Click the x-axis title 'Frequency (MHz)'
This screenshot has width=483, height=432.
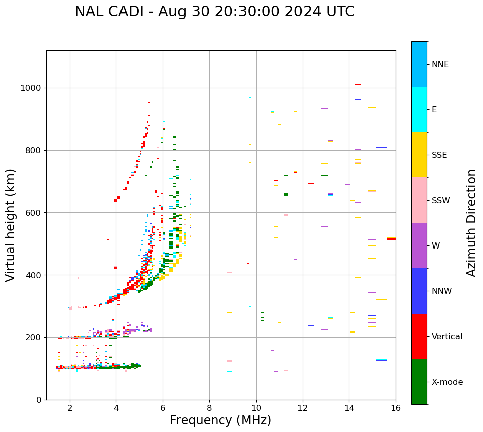click(220, 420)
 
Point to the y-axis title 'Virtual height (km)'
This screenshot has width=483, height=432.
click(11, 225)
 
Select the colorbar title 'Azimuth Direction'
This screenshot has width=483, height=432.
click(471, 223)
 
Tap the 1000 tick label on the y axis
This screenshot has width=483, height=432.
click(30, 88)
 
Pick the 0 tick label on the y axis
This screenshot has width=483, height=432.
click(38, 400)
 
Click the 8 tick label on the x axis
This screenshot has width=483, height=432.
click(209, 407)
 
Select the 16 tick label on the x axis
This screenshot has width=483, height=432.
click(396, 407)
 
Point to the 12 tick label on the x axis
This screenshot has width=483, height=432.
click(303, 407)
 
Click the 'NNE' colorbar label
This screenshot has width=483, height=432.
click(440, 65)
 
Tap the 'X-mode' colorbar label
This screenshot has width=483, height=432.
click(447, 382)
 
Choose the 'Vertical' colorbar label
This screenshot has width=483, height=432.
click(447, 337)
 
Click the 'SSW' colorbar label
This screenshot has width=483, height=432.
click(441, 201)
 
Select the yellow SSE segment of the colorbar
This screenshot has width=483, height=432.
click(419, 155)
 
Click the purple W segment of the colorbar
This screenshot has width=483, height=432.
click(419, 245)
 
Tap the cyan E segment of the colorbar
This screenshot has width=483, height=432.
click(419, 109)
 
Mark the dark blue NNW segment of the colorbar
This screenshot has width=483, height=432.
click(419, 291)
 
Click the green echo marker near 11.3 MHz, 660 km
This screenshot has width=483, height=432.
click(286, 195)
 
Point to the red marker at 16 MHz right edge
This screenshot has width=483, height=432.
click(391, 239)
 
